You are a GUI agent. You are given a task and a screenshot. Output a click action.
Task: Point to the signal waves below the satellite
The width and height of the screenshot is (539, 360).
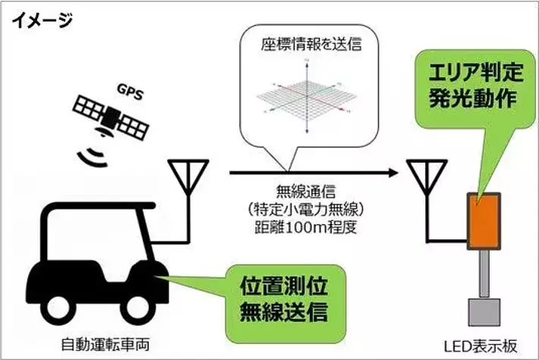[x=94, y=156]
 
